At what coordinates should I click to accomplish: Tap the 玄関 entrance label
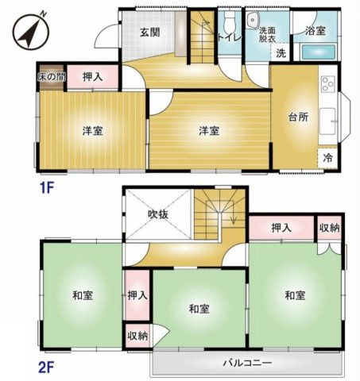click(150, 33)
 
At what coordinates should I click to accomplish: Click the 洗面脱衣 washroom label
click(268, 34)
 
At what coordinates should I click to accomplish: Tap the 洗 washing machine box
click(281, 54)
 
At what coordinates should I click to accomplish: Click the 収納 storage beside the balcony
click(137, 336)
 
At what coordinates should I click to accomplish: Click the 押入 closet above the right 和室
click(281, 228)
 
